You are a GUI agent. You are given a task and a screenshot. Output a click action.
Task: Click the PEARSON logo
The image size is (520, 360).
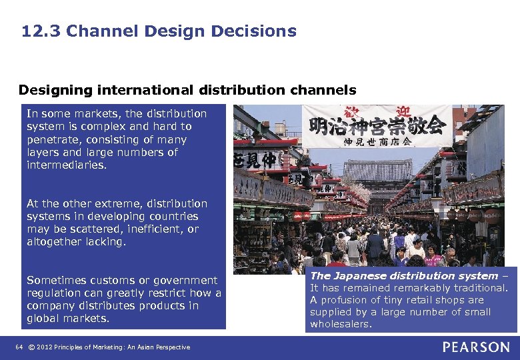475,347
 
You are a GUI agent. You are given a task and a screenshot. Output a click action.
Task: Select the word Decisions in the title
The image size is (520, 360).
261,31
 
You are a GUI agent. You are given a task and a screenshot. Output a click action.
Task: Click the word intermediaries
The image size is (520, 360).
65,165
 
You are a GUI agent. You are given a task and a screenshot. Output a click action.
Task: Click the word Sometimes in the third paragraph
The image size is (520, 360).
55,280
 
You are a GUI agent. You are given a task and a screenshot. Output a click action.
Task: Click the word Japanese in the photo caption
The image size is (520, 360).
361,275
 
